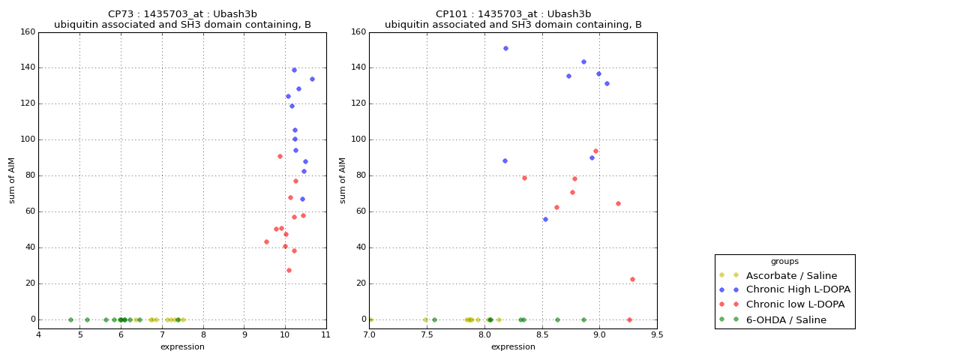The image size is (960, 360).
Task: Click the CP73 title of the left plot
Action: coord(182,14)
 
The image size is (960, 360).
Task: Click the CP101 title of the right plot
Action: coord(513,14)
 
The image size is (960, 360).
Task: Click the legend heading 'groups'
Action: coord(784,262)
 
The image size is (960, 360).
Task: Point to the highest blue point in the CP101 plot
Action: coord(505,48)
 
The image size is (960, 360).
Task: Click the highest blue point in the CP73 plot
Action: coord(294,70)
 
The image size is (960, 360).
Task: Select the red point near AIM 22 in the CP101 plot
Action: coord(632,279)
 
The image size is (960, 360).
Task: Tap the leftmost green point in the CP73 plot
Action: coord(70,319)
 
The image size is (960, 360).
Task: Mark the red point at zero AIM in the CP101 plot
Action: coord(629,319)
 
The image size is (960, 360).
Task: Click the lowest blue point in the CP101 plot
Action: coord(545,219)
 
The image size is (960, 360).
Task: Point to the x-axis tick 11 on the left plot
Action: coord(325,334)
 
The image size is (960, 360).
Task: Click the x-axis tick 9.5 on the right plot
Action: coord(657,334)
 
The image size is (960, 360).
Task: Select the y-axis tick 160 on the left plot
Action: coord(28,32)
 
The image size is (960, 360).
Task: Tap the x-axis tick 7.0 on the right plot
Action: coord(370,334)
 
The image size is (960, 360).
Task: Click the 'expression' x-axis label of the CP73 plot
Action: coord(182,346)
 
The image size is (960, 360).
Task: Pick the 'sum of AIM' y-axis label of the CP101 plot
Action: coord(343,180)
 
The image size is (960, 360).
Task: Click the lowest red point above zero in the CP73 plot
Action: coord(289,270)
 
